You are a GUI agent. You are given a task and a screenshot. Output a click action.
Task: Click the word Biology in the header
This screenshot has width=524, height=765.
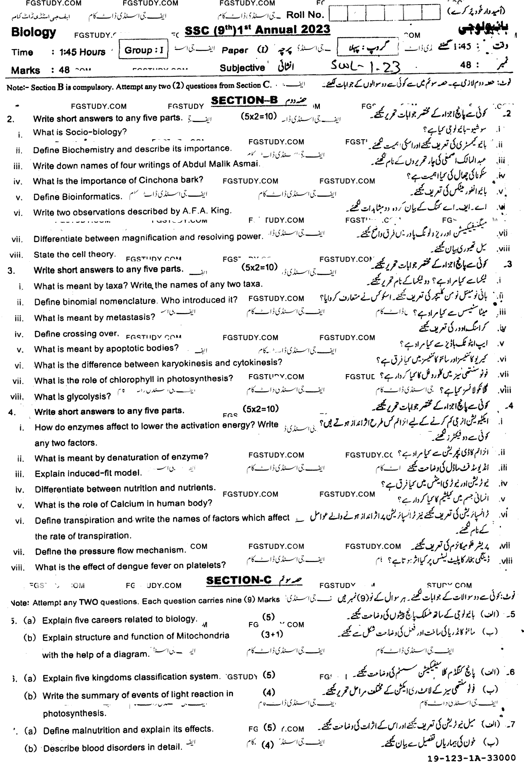click(x=34, y=33)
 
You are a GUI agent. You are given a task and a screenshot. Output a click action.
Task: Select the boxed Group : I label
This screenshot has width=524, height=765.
click(x=144, y=51)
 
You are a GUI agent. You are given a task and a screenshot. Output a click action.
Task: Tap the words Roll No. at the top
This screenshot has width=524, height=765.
click(x=305, y=15)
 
